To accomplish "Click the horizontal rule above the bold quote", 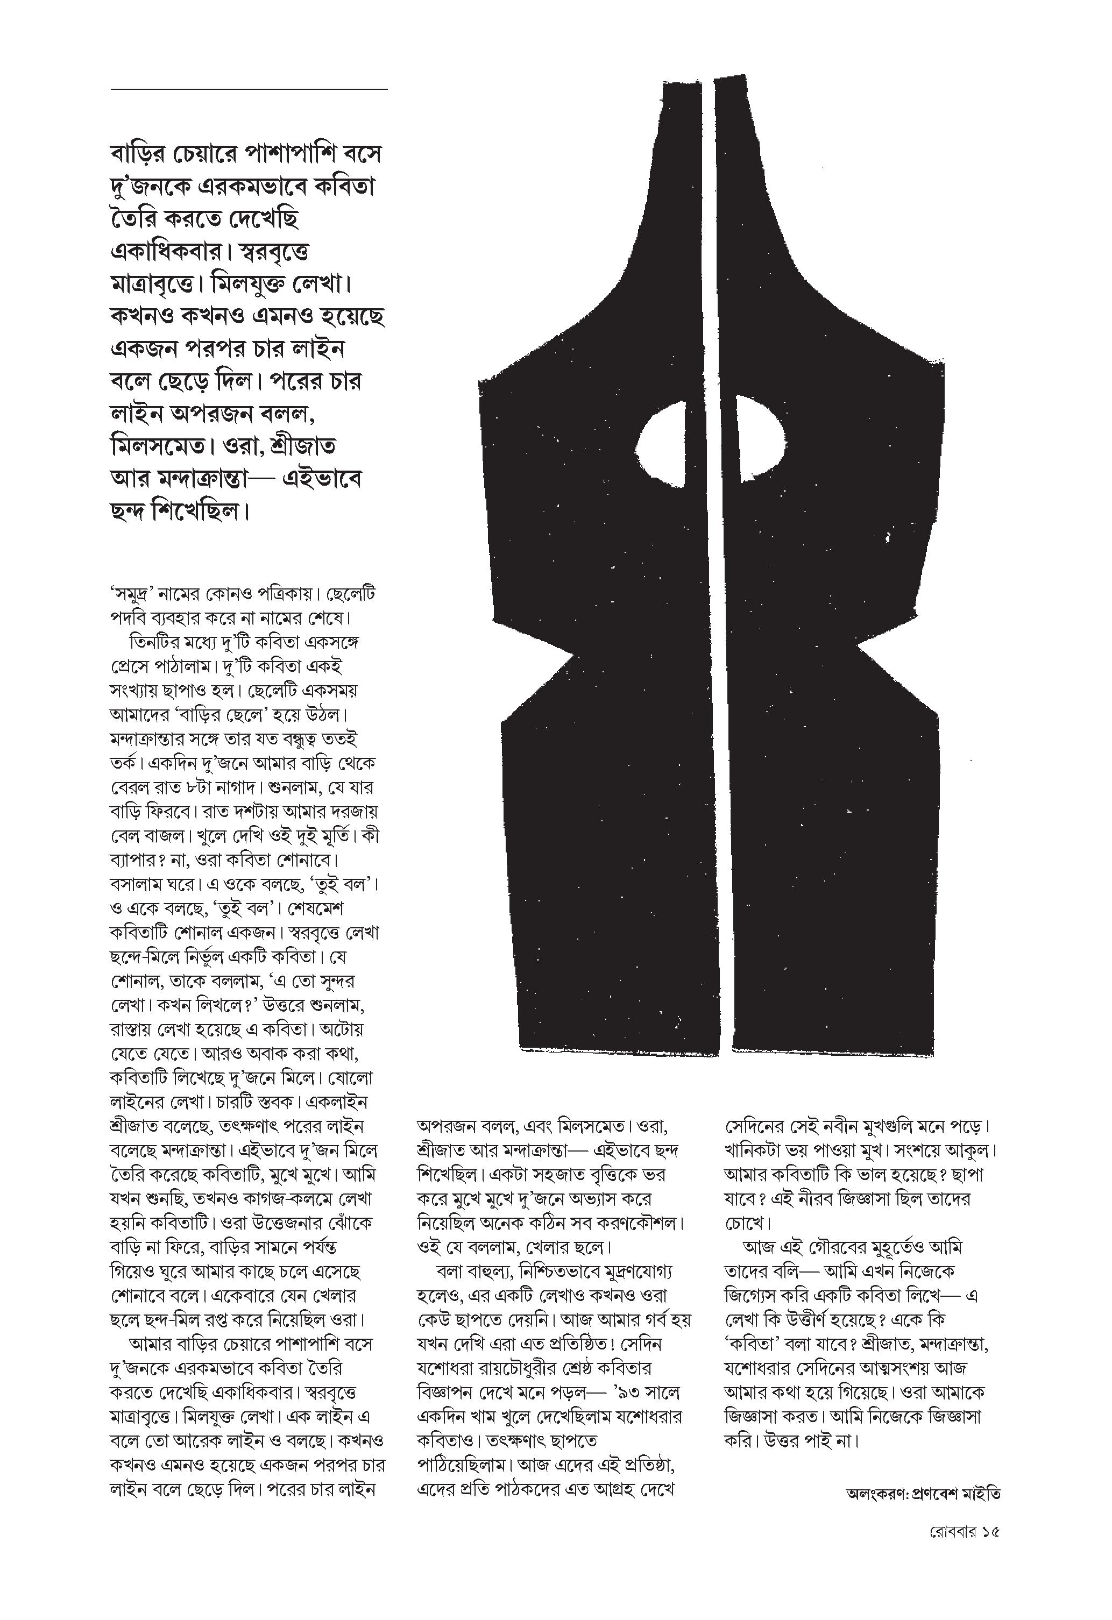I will tap(249, 89).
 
